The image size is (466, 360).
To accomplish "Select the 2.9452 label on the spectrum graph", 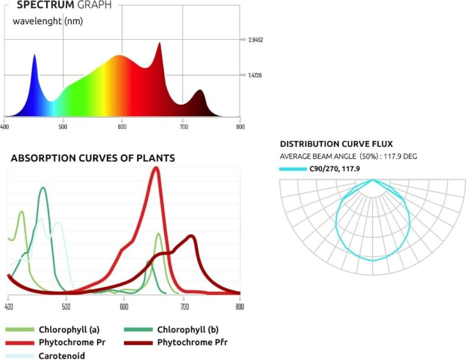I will point(256,40).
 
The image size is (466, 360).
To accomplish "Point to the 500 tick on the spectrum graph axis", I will point(63,127).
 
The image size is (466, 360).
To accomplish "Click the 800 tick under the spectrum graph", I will point(240,127).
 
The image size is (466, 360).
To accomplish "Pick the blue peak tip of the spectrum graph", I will point(34,55).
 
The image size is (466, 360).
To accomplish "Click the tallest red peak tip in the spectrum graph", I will point(159,43).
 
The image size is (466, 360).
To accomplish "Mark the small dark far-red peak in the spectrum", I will point(199,91).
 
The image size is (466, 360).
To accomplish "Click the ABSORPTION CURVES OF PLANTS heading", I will point(93,158).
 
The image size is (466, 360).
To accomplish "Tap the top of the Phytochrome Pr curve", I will point(156,168).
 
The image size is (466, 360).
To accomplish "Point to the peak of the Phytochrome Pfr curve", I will point(192,236).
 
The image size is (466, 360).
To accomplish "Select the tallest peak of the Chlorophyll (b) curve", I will point(43,188).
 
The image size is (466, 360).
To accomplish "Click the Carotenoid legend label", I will point(62,355).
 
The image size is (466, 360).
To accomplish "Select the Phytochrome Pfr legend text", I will point(192,342).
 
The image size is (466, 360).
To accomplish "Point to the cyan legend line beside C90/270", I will point(293,169).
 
